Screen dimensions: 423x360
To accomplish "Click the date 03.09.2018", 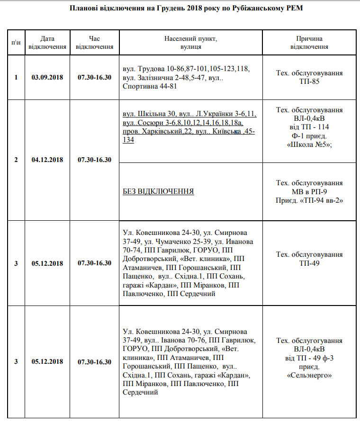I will [47, 77].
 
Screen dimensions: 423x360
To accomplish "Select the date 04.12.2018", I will [47, 160].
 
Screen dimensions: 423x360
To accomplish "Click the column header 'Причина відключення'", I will [309, 43].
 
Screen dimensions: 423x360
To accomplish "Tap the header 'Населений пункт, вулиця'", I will [191, 43].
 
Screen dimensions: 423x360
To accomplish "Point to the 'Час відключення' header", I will [95, 43].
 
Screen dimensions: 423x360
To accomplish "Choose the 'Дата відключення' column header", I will [47, 43].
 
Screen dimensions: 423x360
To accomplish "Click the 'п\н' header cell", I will [16, 43].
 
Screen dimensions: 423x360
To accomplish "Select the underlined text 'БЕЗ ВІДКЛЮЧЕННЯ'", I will [158, 191].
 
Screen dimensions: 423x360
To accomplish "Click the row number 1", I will [16, 77].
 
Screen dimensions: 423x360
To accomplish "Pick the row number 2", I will [16, 160].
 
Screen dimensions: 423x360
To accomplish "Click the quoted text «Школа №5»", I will [309, 145].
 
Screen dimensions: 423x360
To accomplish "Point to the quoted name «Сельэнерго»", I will [309, 376].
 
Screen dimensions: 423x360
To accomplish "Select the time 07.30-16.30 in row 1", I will [95, 77].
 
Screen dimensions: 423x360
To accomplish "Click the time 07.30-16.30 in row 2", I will [95, 160].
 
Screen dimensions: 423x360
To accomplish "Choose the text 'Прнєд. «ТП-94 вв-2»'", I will [309, 200].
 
